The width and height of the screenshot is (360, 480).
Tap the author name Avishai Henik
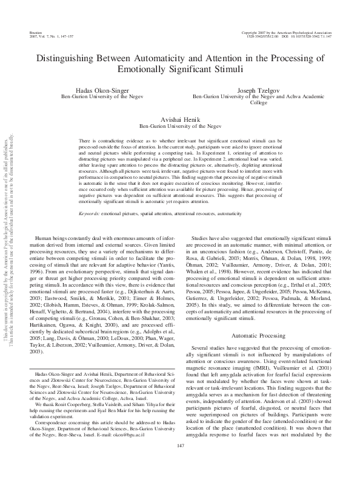click(x=180, y=119)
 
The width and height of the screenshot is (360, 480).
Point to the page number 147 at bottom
click(x=180, y=463)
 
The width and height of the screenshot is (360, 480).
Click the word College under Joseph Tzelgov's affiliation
click(x=259, y=102)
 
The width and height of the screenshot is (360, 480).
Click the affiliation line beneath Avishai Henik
click(x=180, y=126)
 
